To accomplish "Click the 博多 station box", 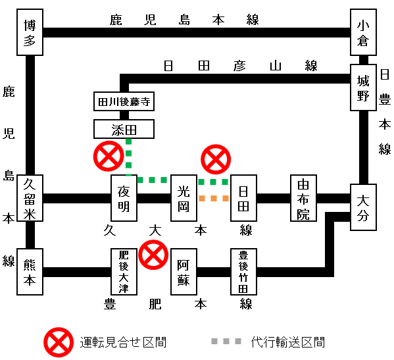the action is [x=30, y=32].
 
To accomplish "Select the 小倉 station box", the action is [x=363, y=32].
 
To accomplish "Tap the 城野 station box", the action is [x=363, y=88].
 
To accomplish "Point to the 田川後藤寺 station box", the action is [x=124, y=101].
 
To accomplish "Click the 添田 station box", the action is [x=124, y=129].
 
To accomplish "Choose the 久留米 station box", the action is [x=30, y=198].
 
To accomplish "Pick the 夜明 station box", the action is [x=124, y=198].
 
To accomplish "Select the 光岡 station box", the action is [x=184, y=198].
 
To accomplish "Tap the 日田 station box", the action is [x=243, y=198].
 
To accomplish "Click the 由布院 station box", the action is [x=303, y=198].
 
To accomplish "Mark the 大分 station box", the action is [x=363, y=207].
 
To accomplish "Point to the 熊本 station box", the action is [x=30, y=272].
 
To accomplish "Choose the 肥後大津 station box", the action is [x=124, y=272].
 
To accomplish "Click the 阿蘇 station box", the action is [x=184, y=272].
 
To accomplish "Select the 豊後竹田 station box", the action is [x=243, y=272].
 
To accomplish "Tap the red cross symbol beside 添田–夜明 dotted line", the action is [x=109, y=156].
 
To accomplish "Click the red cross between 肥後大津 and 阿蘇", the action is [x=153, y=255].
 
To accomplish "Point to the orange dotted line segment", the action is [x=214, y=198].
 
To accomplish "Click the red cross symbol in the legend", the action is [x=59, y=342].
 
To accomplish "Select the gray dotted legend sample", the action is [x=226, y=341].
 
